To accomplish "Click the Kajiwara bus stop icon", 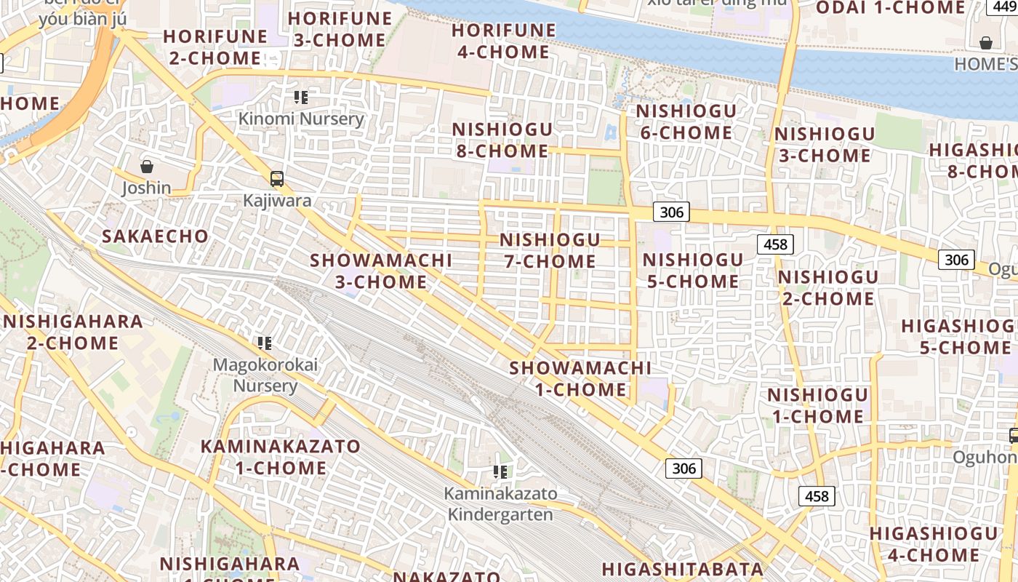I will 276,178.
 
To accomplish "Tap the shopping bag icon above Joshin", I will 147,167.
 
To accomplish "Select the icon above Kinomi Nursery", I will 301,97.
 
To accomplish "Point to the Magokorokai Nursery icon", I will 265,343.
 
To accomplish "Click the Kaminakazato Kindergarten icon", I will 500,471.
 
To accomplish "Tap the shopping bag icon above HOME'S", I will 986,43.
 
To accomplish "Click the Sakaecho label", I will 155,236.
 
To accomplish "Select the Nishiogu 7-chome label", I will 550,250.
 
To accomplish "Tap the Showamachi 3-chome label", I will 381,271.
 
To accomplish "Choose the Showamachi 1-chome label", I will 580,378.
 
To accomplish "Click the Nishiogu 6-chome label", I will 686,121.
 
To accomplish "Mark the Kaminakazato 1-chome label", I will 281,457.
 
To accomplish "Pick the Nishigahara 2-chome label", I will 73,332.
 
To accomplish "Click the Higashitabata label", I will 682,569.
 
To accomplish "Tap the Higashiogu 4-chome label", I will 934,544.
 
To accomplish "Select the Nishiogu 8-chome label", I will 502,140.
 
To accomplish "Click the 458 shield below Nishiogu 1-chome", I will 817,496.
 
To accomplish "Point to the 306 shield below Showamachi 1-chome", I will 684,468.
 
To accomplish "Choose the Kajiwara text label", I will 277,201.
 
